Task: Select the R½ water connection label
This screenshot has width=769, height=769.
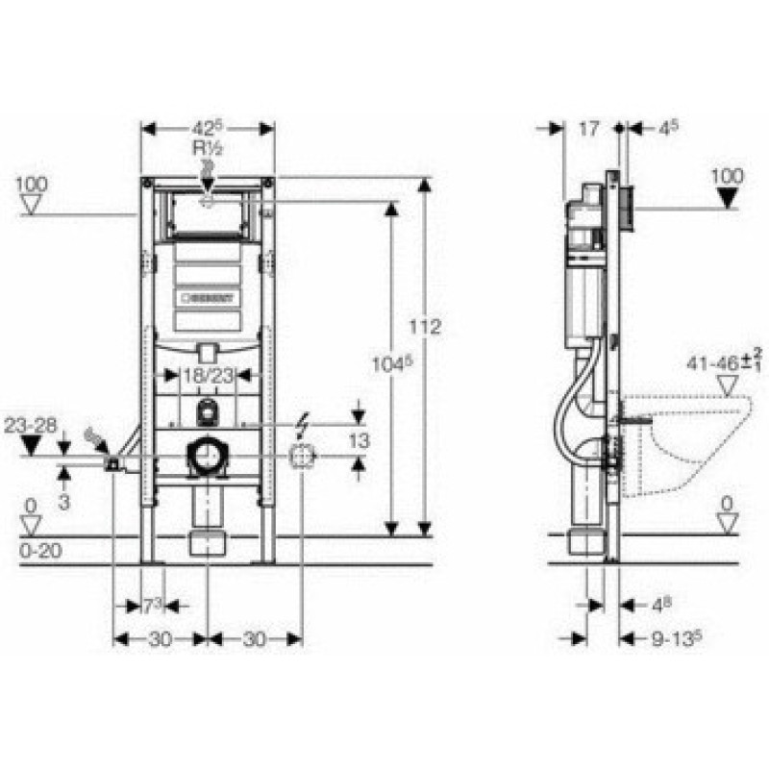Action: click(207, 148)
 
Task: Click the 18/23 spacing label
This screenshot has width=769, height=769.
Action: click(207, 377)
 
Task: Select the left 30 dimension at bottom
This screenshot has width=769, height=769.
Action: click(161, 637)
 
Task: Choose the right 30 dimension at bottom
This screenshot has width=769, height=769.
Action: click(255, 637)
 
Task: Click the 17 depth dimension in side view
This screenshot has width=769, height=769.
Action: click(590, 125)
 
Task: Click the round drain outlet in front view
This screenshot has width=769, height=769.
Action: click(207, 457)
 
